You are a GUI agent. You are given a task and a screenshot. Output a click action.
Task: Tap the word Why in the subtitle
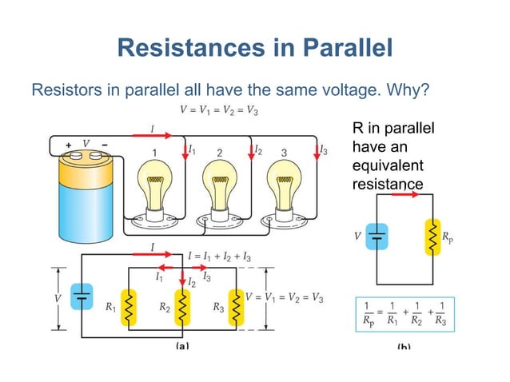pos(408,89)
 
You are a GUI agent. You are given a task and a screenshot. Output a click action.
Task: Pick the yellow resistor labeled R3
pos(236,306)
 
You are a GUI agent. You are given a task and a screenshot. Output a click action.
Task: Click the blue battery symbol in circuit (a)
pos(82,296)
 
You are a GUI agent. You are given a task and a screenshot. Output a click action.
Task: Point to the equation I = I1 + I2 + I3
pos(219,257)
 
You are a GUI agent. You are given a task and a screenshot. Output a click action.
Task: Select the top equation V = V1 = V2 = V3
pos(218,110)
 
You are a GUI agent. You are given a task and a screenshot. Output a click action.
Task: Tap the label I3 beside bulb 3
pos(323,149)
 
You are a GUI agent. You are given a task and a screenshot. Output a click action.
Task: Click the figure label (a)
pos(183,347)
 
